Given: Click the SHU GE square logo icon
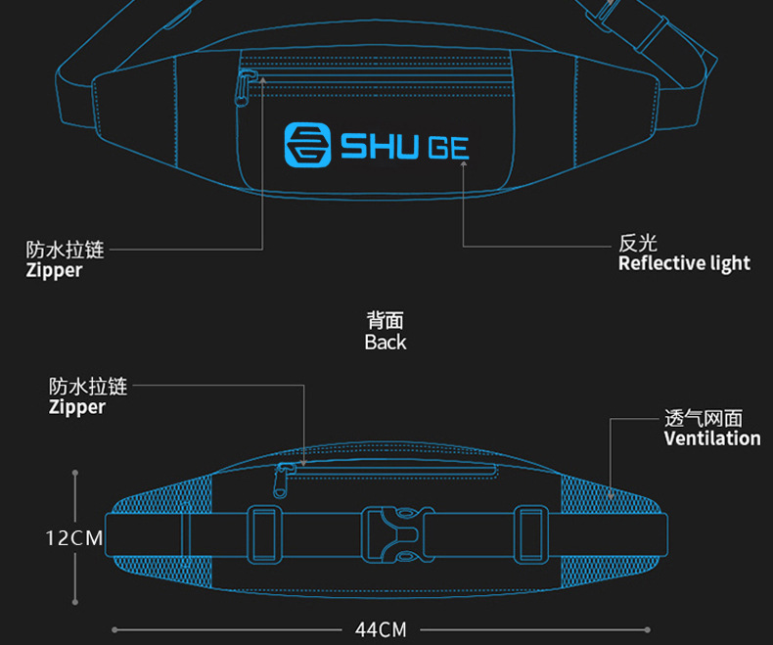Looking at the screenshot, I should (x=306, y=144).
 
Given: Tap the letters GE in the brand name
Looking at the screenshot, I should (x=447, y=147).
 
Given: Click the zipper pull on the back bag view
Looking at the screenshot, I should (x=284, y=480).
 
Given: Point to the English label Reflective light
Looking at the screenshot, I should (x=684, y=263).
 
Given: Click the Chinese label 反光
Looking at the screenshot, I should (x=638, y=243).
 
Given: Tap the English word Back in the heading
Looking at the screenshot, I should (x=386, y=343).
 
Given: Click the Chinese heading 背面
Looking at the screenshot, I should (x=386, y=320).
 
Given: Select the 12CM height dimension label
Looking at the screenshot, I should (x=74, y=537).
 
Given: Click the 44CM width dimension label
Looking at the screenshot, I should (x=381, y=629).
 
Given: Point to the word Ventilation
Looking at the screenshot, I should (x=712, y=438).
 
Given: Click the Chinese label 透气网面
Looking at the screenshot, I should (x=704, y=418).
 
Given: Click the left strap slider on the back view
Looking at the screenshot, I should (x=263, y=534).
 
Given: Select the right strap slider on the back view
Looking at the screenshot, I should (x=529, y=534).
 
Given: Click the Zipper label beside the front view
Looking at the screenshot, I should (x=54, y=271).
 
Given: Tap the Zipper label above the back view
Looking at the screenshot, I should (x=77, y=407).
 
